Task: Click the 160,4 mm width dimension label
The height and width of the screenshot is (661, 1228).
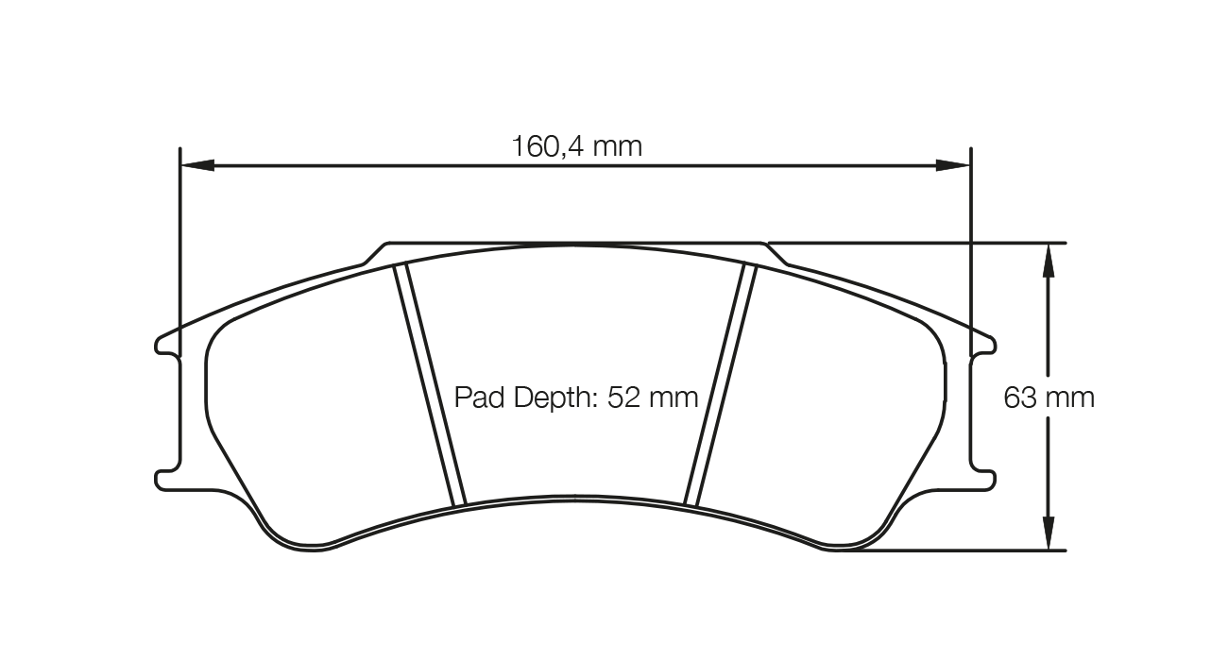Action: (576, 146)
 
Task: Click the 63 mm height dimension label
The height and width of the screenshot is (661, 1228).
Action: (1049, 398)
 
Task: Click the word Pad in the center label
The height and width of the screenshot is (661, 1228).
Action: (480, 398)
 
